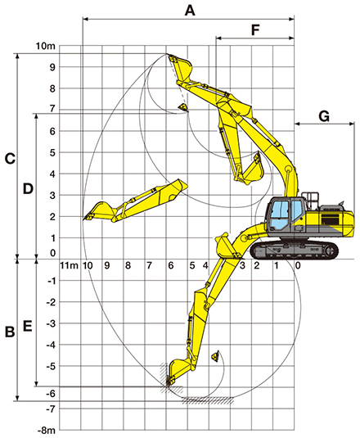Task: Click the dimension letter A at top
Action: click(190, 11)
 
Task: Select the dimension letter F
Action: click(255, 30)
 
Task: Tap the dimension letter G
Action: click(324, 116)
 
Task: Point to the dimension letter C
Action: click(10, 159)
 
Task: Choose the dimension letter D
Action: click(28, 189)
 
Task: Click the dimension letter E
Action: click(27, 326)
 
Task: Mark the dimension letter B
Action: click(10, 332)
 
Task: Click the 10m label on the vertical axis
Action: click(46, 46)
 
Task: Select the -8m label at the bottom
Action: click(47, 431)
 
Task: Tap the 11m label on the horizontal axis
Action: click(70, 265)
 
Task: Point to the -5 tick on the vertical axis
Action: click(52, 366)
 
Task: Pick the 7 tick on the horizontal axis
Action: click(149, 265)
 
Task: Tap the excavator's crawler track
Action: click(295, 251)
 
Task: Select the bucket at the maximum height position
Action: click(180, 68)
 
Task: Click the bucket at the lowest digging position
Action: click(177, 372)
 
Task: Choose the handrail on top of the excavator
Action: click(310, 200)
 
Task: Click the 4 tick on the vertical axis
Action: click(52, 174)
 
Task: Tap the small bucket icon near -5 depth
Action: click(215, 355)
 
